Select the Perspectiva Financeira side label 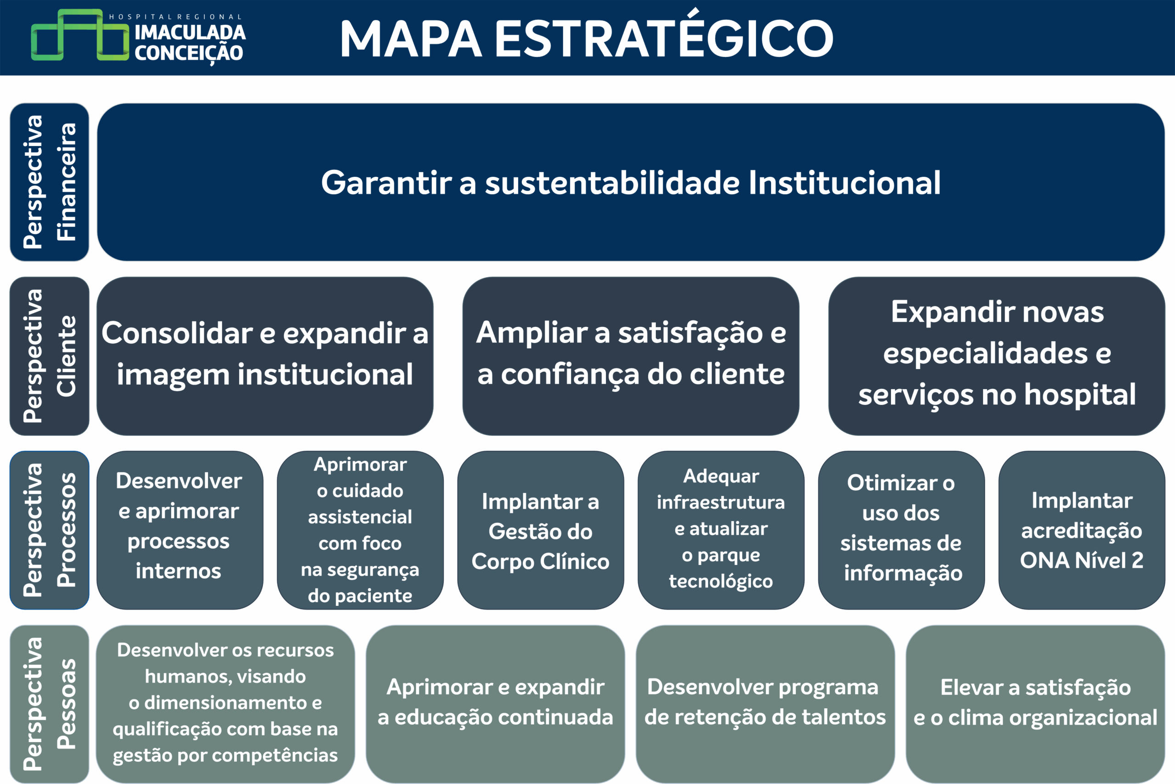pyautogui.click(x=50, y=182)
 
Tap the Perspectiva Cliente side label pyautogui.click(x=50, y=356)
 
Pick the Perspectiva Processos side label pyautogui.click(x=50, y=530)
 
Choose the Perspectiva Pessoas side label pyautogui.click(x=50, y=704)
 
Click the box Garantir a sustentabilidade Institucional pyautogui.click(x=631, y=182)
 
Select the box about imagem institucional pyautogui.click(x=265, y=356)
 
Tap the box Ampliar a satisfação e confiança pyautogui.click(x=631, y=356)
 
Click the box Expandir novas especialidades pyautogui.click(x=997, y=356)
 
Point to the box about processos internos pyautogui.click(x=180, y=530)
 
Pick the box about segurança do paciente pyautogui.click(x=360, y=530)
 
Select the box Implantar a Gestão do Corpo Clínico pyautogui.click(x=541, y=530)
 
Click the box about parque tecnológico pyautogui.click(x=721, y=530)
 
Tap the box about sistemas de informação pyautogui.click(x=901, y=530)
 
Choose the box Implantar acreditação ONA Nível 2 pyautogui.click(x=1082, y=530)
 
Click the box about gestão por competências pyautogui.click(x=225, y=704)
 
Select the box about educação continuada pyautogui.click(x=496, y=704)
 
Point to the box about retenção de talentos pyautogui.click(x=766, y=704)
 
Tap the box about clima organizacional pyautogui.click(x=1035, y=704)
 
